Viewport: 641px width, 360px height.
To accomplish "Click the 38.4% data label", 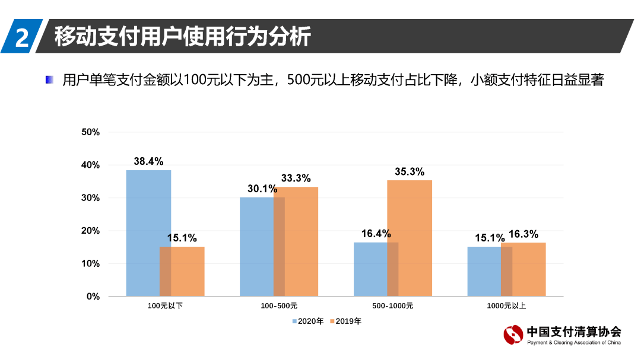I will (148, 161).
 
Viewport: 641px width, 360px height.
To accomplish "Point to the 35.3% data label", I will (410, 172).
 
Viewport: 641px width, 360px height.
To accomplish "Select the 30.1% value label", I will (262, 189).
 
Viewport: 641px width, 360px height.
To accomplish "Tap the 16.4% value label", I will (376, 234).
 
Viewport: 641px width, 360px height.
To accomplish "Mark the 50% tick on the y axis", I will (91, 132).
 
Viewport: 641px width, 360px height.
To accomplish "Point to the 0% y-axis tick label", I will (93, 296).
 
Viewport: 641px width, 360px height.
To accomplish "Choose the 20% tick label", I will (91, 231).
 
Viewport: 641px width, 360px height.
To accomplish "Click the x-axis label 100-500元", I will (279, 306).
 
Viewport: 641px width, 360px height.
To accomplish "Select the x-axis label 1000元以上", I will (506, 306).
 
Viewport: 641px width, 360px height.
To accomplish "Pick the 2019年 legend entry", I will (345, 321).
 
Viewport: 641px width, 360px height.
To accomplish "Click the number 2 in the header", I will (22, 37).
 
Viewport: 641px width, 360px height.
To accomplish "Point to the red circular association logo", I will (513, 336).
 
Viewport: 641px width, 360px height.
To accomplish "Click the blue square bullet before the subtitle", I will (50, 79).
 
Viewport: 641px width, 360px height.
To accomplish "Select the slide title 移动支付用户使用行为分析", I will (183, 36).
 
